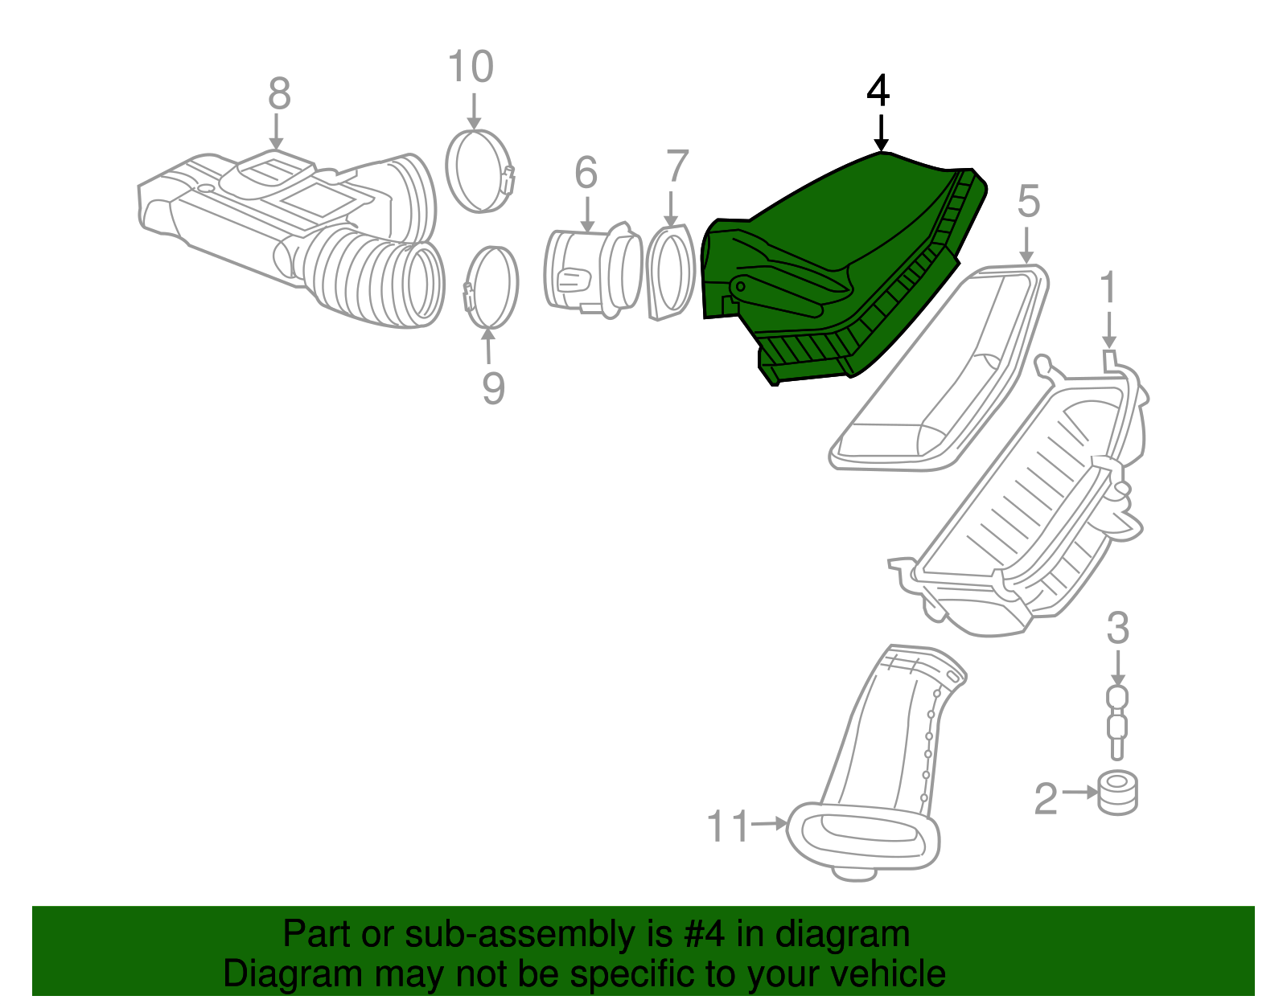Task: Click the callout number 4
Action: click(x=878, y=91)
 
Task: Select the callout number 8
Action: click(x=280, y=93)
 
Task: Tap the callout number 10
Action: click(x=471, y=66)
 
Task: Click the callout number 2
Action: click(x=1046, y=799)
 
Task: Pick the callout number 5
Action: click(x=1028, y=201)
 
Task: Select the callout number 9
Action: click(x=493, y=389)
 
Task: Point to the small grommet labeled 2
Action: click(x=1117, y=793)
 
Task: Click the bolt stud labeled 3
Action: click(x=1117, y=723)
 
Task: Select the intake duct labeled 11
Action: click(x=877, y=763)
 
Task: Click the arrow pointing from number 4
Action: click(x=882, y=133)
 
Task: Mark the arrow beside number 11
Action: click(x=769, y=824)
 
